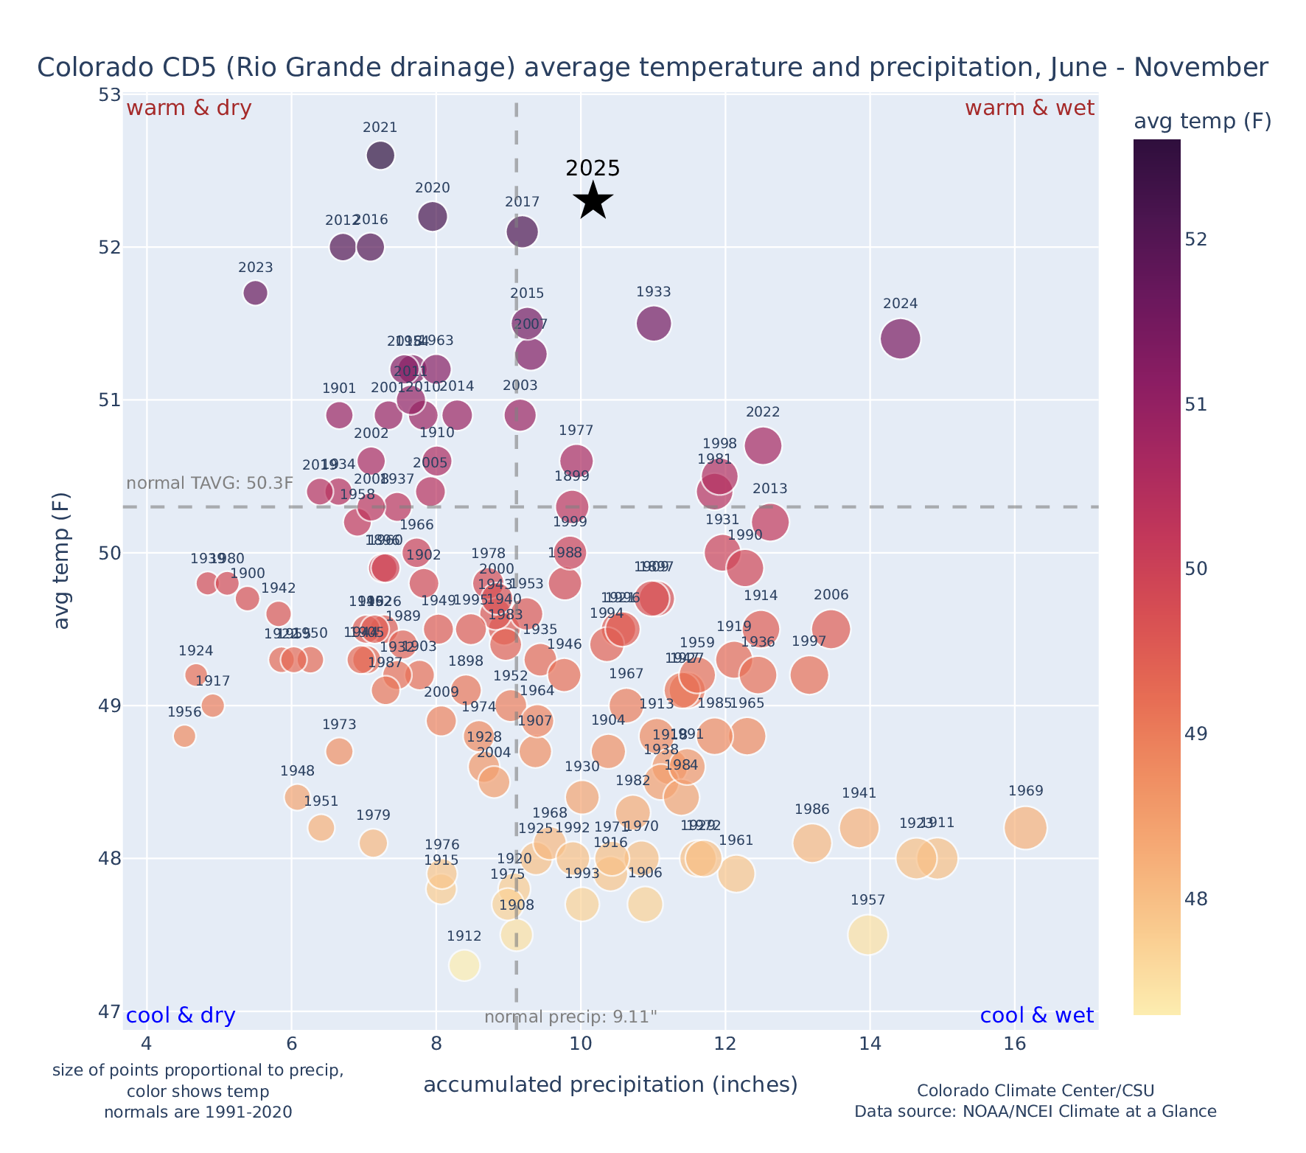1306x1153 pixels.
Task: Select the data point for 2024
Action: click(x=900, y=338)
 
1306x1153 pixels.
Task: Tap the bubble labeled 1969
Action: click(x=1025, y=827)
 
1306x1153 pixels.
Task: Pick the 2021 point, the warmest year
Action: click(x=380, y=156)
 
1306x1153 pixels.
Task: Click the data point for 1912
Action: click(x=464, y=965)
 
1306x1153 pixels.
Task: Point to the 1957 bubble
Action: click(x=867, y=935)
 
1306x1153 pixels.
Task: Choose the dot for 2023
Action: click(x=255, y=293)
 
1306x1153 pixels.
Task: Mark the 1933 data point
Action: click(x=654, y=324)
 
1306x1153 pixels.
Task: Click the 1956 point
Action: click(x=184, y=736)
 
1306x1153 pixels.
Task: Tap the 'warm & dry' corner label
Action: click(x=189, y=108)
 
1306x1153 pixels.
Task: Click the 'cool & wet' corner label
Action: click(x=1037, y=1016)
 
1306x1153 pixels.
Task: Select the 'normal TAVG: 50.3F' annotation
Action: click(x=210, y=484)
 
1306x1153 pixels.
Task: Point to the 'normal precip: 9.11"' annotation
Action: click(x=570, y=1017)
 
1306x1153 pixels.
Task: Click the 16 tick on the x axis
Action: click(x=1015, y=1044)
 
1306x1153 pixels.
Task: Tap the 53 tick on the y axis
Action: click(x=109, y=94)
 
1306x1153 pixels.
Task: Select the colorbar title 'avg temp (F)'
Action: click(x=1202, y=122)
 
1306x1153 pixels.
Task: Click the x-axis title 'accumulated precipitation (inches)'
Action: click(x=610, y=1084)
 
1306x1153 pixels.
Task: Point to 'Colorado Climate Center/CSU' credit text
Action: click(x=1036, y=1090)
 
